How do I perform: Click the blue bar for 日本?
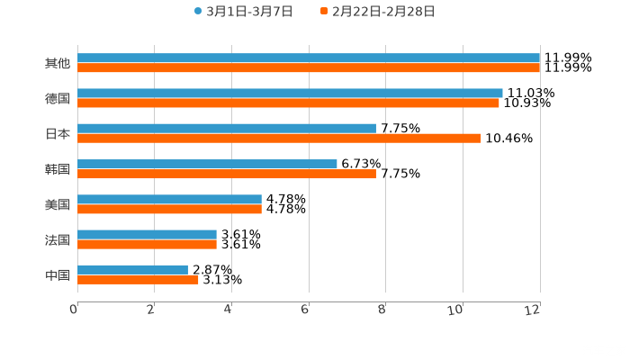coord(227,128)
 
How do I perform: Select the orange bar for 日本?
coord(279,138)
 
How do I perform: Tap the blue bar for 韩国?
coord(207,164)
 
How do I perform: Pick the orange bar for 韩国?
coord(227,174)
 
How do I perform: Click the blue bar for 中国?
coord(132,269)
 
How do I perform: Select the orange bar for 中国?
coord(138,279)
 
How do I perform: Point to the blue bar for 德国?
coord(290,93)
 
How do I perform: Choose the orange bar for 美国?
coord(169,209)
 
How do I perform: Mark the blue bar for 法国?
coord(147,234)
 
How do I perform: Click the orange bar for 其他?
coord(309,67)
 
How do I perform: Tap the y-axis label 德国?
coord(58,98)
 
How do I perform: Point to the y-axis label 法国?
coord(58,239)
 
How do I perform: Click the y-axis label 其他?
coord(58,63)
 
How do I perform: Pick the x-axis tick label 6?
coord(305,310)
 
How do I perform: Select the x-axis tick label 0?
coord(74,310)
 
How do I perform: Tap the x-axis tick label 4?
coord(228,310)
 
